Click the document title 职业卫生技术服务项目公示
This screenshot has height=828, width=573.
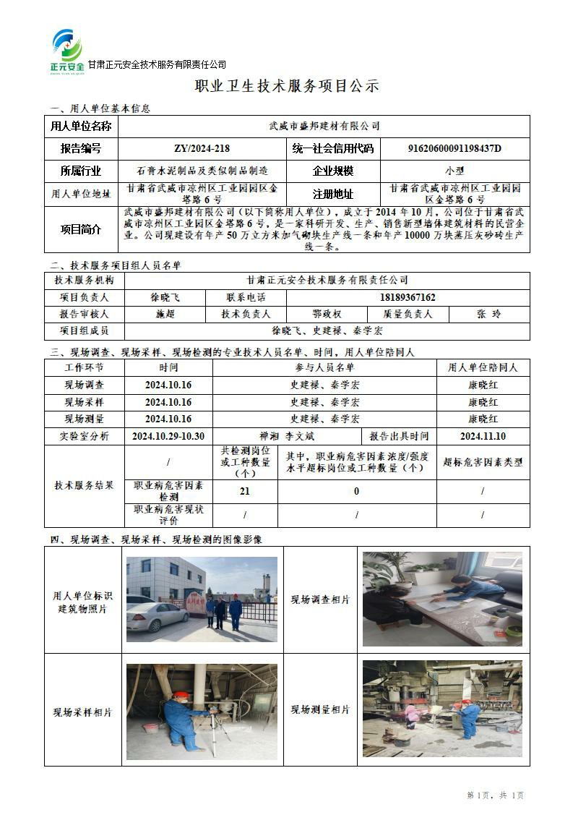[x=287, y=86]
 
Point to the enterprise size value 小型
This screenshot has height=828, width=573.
[x=454, y=171]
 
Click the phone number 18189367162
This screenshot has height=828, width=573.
[x=408, y=297]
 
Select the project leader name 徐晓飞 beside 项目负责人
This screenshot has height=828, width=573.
[x=165, y=297]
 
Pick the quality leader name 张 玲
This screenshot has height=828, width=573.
[x=488, y=314]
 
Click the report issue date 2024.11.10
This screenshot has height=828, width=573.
[x=483, y=436]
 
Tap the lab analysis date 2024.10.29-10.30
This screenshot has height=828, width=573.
[x=168, y=436]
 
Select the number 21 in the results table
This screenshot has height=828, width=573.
[x=245, y=492]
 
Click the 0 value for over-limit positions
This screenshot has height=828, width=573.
[x=357, y=492]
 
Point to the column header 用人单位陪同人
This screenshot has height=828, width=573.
[x=483, y=367]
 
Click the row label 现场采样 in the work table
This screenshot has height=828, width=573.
[x=85, y=402]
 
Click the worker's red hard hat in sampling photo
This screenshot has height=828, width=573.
[x=181, y=696]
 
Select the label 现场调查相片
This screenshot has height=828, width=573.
[x=320, y=599]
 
